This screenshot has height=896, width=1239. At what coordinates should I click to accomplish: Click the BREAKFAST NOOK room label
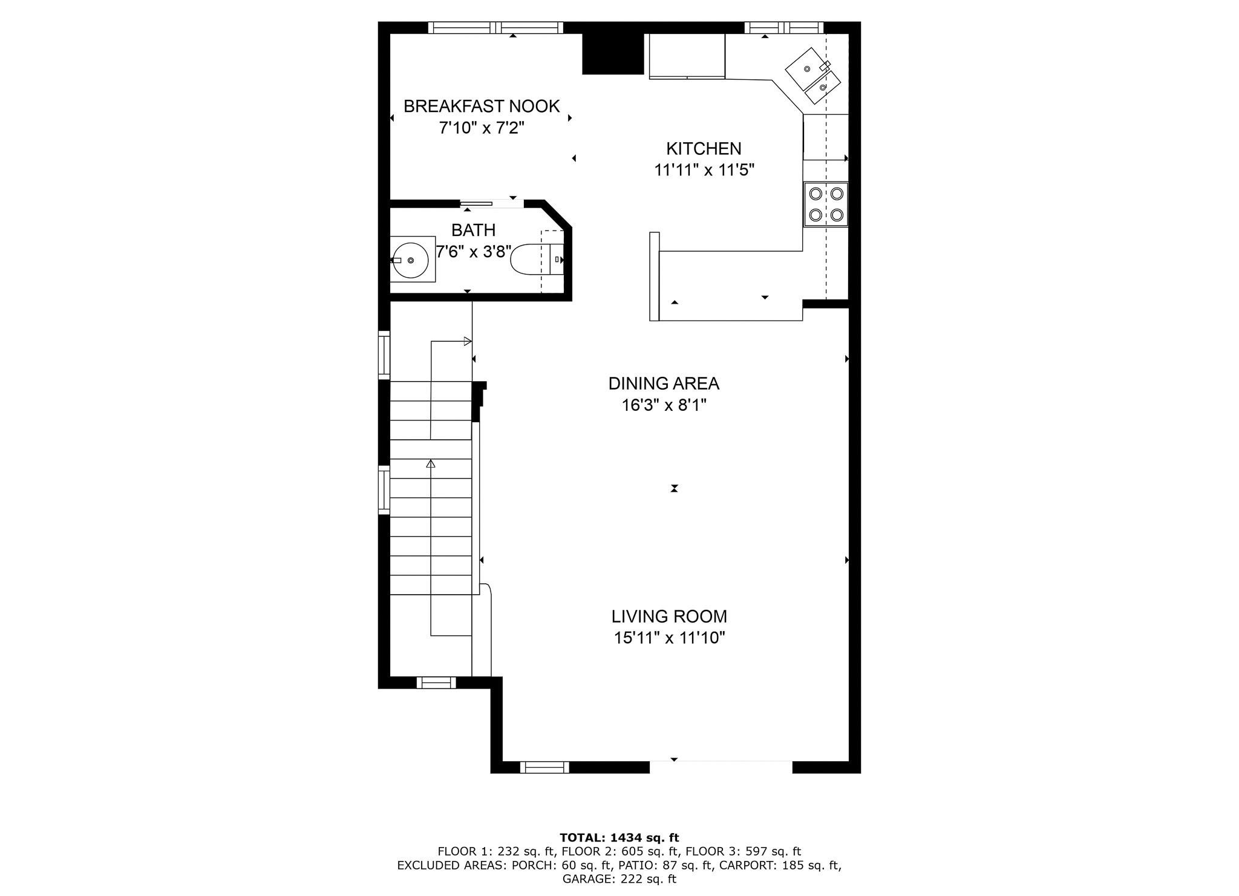pos(482,106)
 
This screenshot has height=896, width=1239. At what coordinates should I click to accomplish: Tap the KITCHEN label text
pos(704,149)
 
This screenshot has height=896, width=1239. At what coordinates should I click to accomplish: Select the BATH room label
pos(473,230)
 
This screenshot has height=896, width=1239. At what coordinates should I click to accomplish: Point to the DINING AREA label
pos(664,384)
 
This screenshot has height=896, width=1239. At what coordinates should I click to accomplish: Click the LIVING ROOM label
pos(669,616)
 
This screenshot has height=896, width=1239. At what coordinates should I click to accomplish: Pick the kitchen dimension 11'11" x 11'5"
pos(704,170)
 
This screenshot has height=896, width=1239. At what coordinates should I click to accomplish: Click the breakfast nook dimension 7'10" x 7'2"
pos(482,128)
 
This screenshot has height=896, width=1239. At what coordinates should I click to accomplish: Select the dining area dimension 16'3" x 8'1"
pos(664,405)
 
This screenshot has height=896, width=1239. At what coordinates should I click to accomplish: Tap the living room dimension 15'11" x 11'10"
pos(669,638)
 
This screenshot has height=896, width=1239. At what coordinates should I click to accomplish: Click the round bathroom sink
pos(411,260)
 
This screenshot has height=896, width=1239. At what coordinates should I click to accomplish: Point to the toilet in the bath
pos(537,260)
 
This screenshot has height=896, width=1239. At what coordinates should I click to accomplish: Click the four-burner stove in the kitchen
pos(826,204)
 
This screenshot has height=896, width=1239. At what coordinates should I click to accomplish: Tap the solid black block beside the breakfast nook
pos(612,53)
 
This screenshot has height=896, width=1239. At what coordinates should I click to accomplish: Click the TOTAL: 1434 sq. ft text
pos(619,838)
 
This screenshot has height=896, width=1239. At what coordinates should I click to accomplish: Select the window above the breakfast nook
pos(495,27)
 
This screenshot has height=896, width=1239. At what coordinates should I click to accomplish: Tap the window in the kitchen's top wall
pos(784,27)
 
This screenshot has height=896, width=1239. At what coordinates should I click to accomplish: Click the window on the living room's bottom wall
pos(544,767)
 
